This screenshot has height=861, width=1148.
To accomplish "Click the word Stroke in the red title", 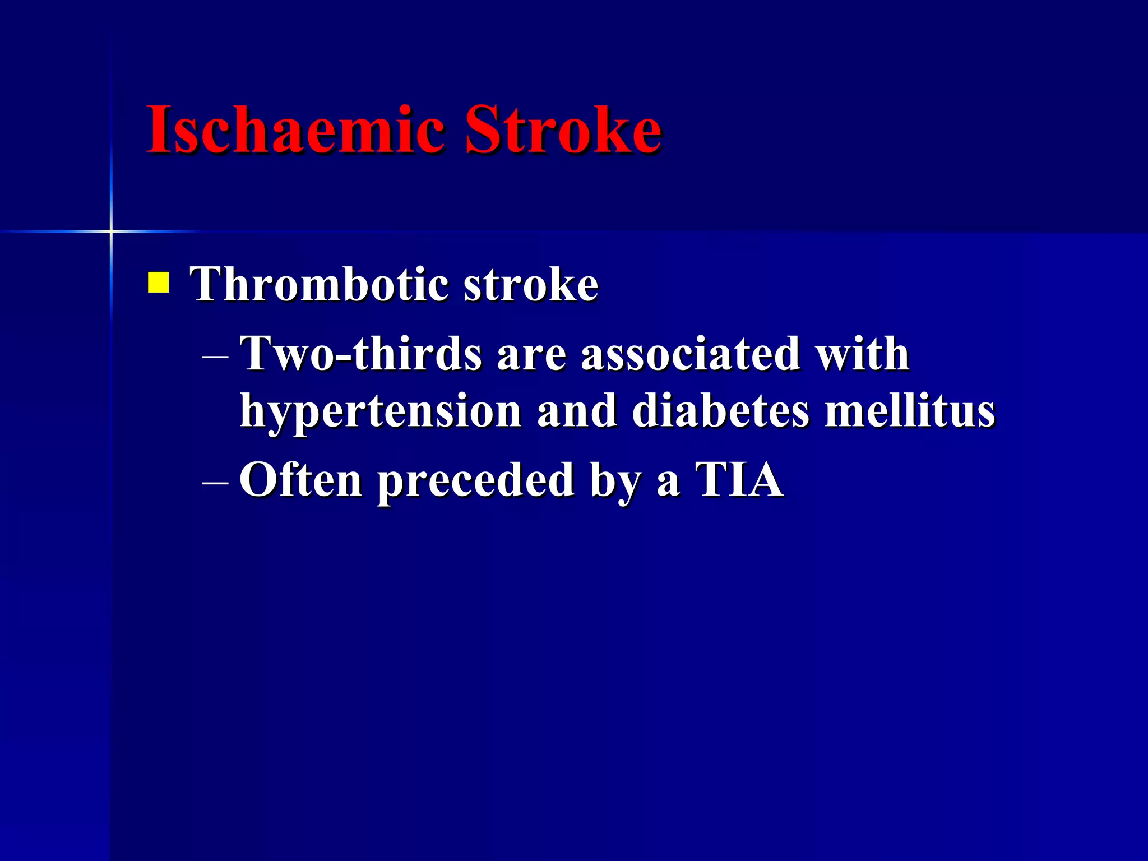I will click(563, 130).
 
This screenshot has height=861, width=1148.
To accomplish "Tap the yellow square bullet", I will click(158, 283).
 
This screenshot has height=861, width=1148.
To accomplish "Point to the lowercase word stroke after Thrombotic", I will click(531, 285).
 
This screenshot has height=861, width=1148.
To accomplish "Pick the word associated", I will click(690, 354).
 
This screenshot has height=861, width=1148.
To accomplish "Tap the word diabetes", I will click(721, 411).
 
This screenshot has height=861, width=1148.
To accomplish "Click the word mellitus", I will click(909, 411).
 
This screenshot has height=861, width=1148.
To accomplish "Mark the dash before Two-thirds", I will click(215, 356).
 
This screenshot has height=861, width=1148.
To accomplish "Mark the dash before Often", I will click(215, 482).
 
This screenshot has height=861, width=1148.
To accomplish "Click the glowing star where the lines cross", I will click(111, 231).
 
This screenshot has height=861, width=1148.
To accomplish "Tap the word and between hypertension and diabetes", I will click(577, 411).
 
